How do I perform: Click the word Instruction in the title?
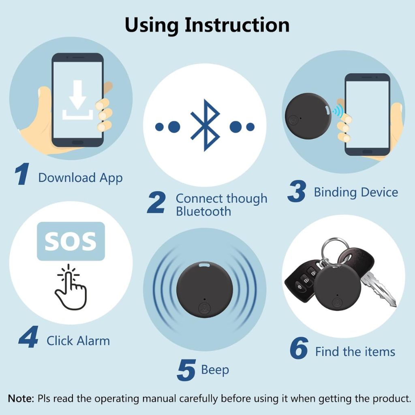[237, 25]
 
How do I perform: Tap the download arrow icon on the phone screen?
[77, 100]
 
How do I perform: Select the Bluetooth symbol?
[205, 125]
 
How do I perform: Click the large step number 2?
[156, 202]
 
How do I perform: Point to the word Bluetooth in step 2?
[203, 212]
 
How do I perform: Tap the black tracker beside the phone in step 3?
[308, 116]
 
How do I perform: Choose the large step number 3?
[297, 191]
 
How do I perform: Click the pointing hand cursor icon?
[71, 287]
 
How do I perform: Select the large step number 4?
[29, 337]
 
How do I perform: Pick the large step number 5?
[186, 370]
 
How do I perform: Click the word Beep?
[215, 370]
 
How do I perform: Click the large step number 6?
[299, 348]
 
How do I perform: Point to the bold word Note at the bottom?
[21, 398]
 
